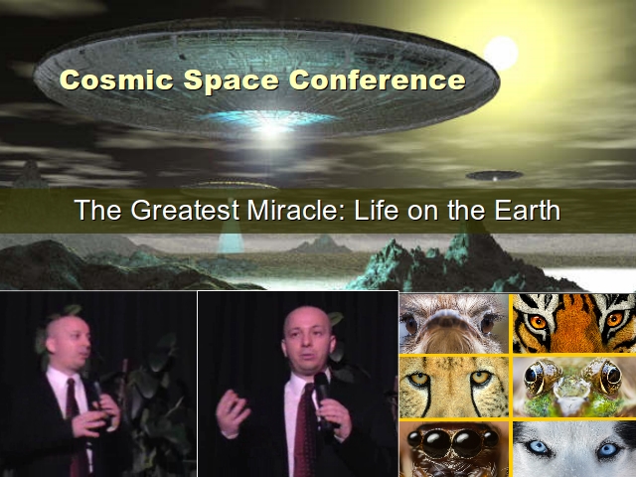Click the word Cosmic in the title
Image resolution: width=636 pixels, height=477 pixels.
tap(116, 79)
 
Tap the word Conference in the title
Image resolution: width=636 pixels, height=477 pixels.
tap(378, 79)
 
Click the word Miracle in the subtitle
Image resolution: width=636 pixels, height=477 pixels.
tap(296, 210)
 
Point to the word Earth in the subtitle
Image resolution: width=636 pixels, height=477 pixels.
tap(528, 210)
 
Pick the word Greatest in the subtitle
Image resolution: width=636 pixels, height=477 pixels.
tap(185, 211)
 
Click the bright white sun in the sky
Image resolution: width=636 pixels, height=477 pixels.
tap(501, 53)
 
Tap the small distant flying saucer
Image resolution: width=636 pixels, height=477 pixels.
tap(495, 176)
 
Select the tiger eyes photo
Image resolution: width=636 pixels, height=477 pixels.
tap(574, 323)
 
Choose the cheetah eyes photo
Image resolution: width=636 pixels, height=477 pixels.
tap(454, 387)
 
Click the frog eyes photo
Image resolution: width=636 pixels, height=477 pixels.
tap(574, 387)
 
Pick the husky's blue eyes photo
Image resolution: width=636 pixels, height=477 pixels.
tap(574, 449)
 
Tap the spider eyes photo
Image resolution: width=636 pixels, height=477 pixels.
tap(454, 449)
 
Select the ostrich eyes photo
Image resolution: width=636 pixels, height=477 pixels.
tap(454, 323)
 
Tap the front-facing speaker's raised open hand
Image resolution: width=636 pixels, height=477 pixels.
tap(233, 413)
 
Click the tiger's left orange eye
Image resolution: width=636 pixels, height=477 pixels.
tap(539, 322)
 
